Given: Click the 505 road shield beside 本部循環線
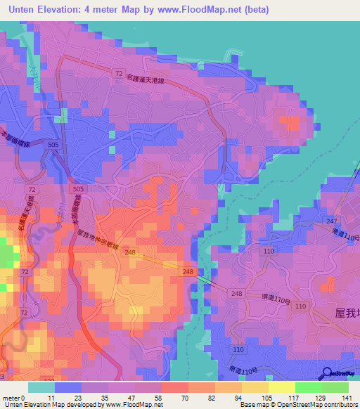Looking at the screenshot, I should [x=53, y=144].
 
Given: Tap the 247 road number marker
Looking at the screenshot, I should [x=331, y=221].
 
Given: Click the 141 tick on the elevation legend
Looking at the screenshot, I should [x=348, y=398].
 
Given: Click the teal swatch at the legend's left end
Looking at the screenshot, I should [x=41, y=387].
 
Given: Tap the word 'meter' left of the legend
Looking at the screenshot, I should [x=11, y=398].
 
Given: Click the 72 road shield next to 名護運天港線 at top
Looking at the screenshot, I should [x=120, y=72].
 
